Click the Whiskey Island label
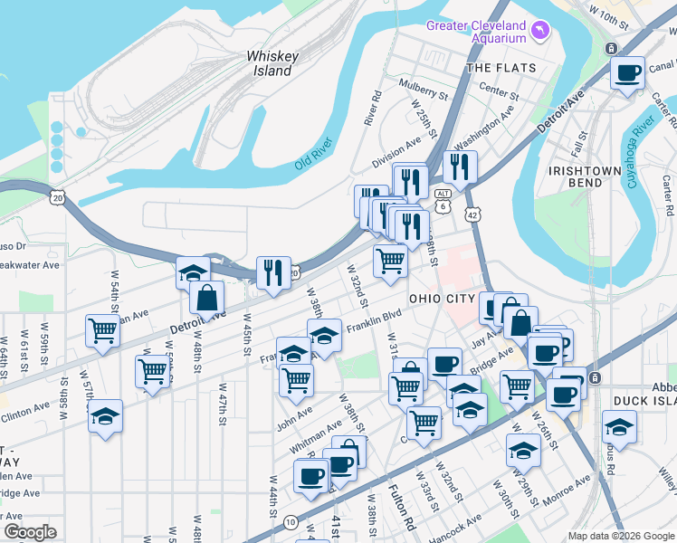tap(272, 63)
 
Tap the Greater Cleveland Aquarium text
tap(477, 32)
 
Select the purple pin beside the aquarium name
tap(540, 32)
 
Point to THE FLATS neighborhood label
tap(501, 68)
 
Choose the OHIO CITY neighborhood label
tap(442, 299)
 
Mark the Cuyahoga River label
tap(641, 150)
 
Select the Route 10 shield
tap(290, 521)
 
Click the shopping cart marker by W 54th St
tap(102, 330)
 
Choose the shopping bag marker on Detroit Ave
tap(206, 297)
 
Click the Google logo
tap(30, 532)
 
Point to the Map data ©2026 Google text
tap(621, 536)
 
